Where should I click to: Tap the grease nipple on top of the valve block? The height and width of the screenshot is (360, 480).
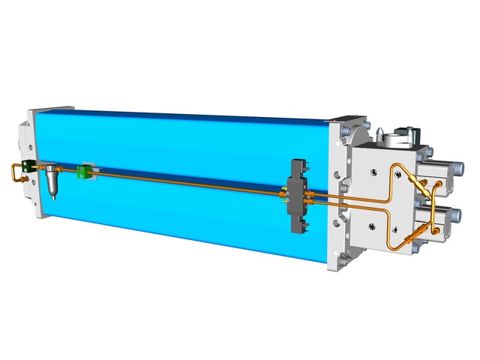(382, 133)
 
